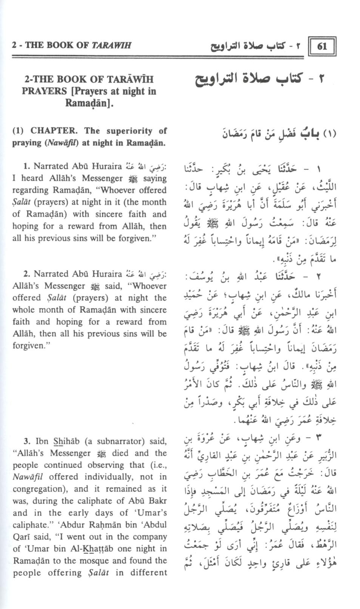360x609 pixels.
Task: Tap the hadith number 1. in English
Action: [26, 166]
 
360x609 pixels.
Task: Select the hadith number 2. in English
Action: [26, 274]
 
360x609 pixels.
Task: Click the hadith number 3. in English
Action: [26, 441]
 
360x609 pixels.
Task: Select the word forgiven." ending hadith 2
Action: [29, 346]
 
